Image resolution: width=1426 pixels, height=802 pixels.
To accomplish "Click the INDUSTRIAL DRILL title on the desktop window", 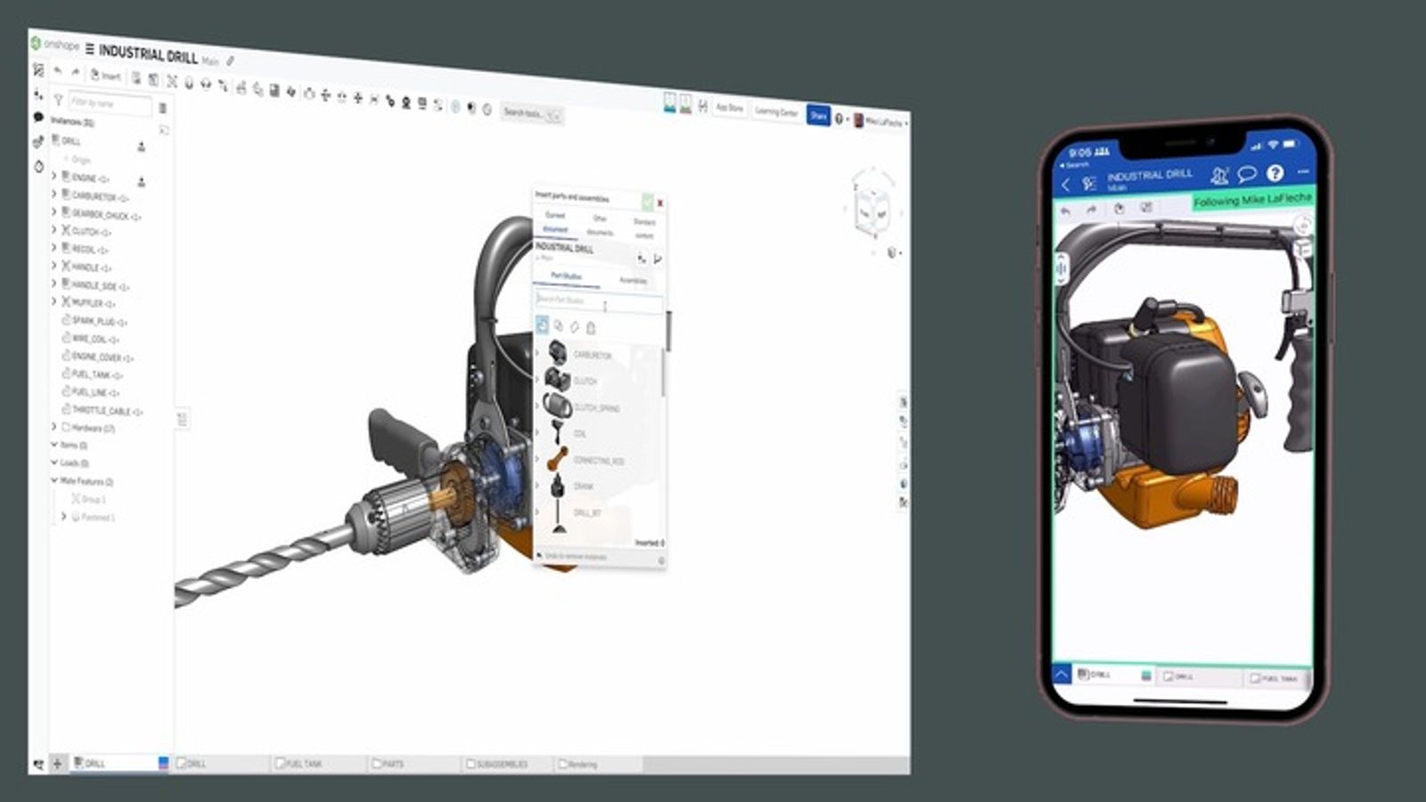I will coord(148,54).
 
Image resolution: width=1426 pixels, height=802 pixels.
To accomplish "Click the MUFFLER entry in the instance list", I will coord(93,303).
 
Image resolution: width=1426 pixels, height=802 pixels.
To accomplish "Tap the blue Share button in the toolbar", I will coord(817,115).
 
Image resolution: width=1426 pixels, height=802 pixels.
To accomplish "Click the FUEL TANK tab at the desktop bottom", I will coord(303,764).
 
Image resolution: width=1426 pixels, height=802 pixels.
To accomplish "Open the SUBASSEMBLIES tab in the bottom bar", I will coord(501,765).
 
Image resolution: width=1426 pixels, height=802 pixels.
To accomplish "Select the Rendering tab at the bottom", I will coord(582,765).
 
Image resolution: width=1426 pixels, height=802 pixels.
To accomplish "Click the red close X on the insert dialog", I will coord(660,203).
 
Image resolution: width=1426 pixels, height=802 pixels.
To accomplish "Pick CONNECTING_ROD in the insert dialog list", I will coord(597,461).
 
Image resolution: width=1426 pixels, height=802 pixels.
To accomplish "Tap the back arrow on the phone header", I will coord(1066,184).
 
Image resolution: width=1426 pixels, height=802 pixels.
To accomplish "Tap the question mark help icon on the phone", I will coord(1274,173).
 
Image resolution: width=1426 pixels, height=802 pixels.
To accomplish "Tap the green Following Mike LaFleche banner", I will coord(1252,200).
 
